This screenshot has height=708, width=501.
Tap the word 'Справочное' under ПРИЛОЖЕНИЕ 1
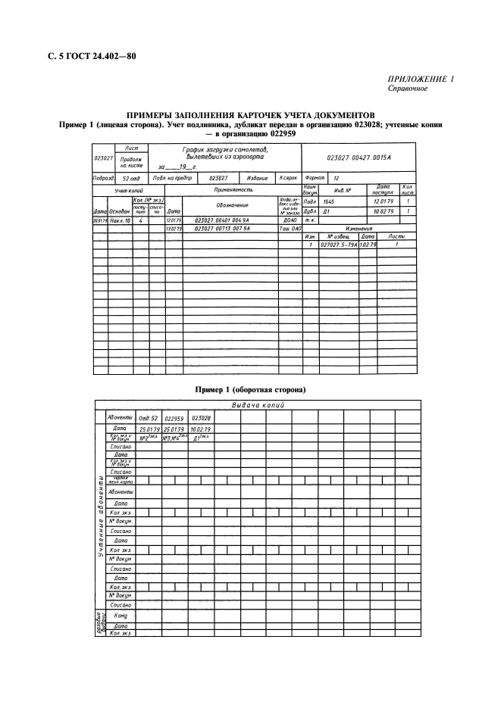408,89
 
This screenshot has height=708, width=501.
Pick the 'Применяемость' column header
233,189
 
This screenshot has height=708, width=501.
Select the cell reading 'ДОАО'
289,220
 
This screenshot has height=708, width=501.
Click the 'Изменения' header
358,228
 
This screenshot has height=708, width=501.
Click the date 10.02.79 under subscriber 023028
202,429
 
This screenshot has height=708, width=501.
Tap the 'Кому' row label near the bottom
119,617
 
